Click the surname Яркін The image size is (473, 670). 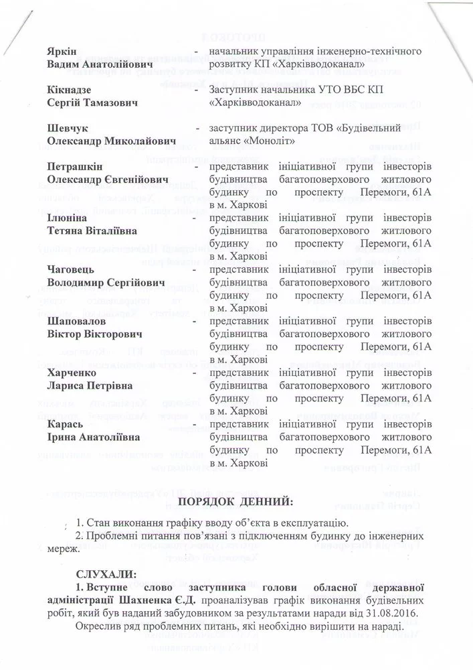(62, 52)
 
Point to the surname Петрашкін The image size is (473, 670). (74, 166)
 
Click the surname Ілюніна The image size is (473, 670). (67, 218)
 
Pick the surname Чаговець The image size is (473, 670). (71, 269)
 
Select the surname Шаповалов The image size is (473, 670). (76, 321)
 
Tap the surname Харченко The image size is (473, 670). (72, 373)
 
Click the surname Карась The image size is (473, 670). (64, 424)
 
